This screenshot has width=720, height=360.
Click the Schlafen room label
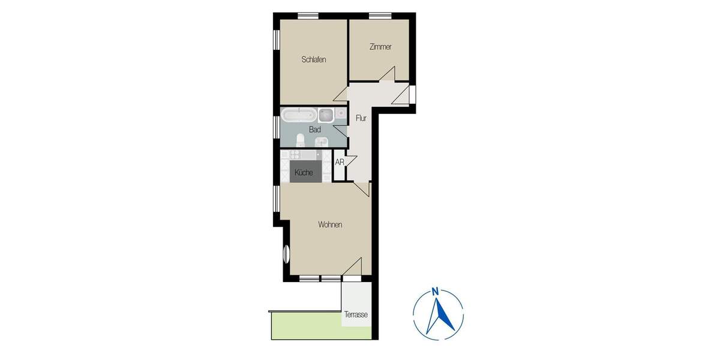[314, 59]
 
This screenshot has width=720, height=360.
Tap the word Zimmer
[380, 47]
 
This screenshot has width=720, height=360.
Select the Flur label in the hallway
[361, 118]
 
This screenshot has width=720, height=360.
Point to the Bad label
[315, 129]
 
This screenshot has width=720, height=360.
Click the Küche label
[304, 173]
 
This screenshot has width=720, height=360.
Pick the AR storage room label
[340, 162]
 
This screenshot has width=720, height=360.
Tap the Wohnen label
[330, 225]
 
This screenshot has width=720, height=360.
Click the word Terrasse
[356, 314]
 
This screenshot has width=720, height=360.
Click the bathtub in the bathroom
[299, 114]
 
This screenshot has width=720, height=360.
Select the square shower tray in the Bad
[326, 114]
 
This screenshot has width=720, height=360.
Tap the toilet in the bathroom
[300, 140]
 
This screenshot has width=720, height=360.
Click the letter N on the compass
[437, 292]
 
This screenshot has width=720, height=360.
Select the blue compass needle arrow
[438, 315]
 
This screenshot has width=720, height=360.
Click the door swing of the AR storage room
[352, 162]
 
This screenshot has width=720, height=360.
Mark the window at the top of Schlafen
[308, 16]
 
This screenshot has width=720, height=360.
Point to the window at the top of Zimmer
[380, 16]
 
